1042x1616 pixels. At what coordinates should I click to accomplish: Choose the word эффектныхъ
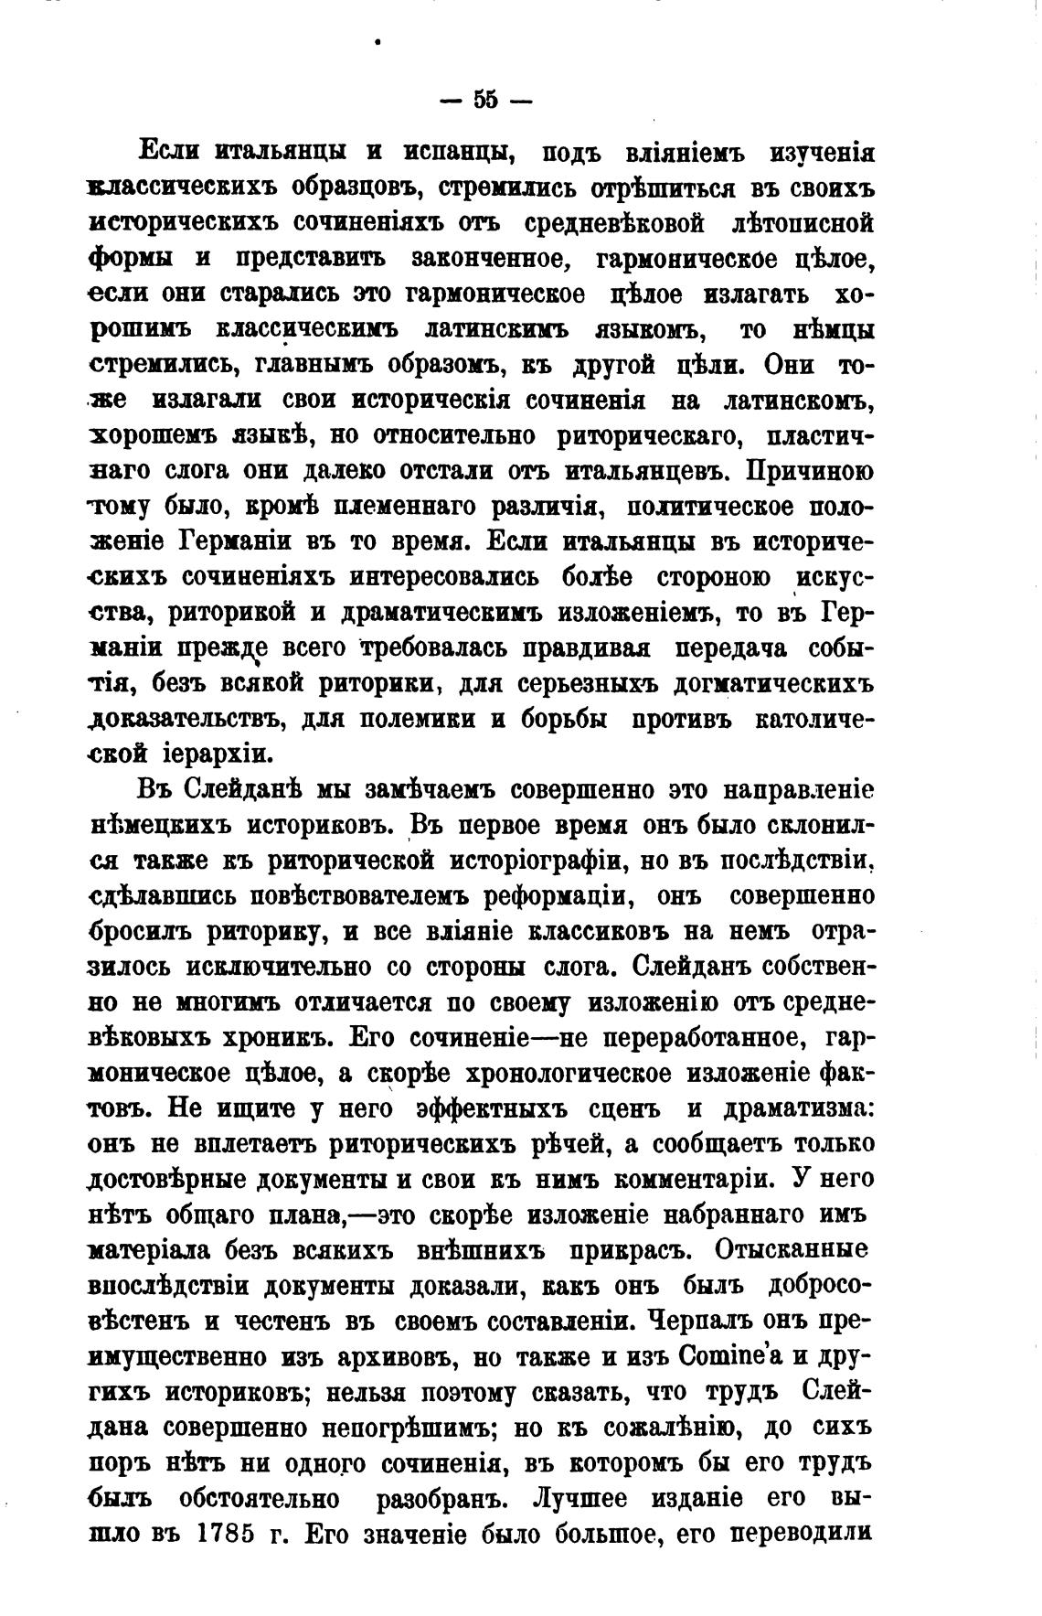(x=491, y=1108)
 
